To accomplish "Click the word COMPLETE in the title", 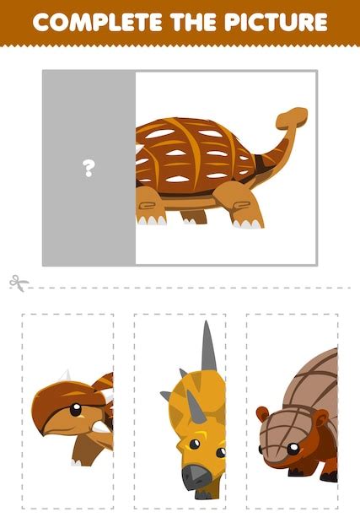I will click(103, 22).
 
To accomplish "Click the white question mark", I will click(89, 169).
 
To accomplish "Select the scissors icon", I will click(18, 283).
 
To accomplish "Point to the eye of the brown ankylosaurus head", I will click(75, 411).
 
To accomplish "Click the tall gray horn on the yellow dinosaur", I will click(208, 348).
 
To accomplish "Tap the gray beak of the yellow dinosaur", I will click(196, 477).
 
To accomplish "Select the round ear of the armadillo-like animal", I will click(263, 415).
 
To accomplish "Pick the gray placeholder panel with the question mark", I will click(89, 169).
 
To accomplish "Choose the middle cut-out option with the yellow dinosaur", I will click(179, 411).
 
